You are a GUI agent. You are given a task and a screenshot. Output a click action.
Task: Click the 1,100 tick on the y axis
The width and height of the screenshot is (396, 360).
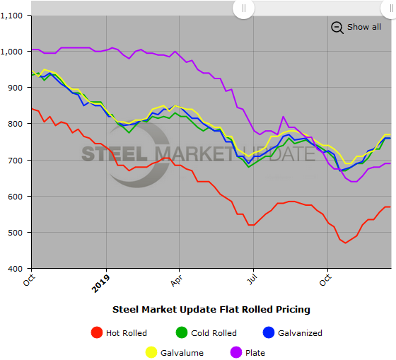(14, 16)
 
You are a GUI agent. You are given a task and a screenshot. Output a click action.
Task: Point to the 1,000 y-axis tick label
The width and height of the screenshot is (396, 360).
(14, 52)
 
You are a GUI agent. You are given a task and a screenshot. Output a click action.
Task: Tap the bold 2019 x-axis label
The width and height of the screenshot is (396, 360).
(100, 283)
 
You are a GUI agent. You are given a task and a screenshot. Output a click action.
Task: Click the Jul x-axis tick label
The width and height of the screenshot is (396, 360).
(250, 279)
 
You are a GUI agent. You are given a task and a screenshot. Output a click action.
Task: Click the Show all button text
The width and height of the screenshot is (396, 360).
(363, 27)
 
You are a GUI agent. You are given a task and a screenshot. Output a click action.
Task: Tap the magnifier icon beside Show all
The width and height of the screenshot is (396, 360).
(337, 28)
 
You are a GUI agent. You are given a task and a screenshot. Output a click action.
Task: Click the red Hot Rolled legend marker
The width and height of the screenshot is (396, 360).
(98, 333)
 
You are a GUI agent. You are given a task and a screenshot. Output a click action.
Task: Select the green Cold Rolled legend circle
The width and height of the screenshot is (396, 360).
(182, 333)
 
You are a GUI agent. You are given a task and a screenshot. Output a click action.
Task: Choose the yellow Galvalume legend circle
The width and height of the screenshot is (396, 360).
(151, 352)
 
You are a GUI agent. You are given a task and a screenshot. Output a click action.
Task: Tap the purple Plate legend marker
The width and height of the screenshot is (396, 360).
(235, 352)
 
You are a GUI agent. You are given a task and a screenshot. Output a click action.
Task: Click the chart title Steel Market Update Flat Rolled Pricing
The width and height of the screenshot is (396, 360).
(211, 309)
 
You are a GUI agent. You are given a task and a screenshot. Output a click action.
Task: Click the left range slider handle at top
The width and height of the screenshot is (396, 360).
(243, 8)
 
